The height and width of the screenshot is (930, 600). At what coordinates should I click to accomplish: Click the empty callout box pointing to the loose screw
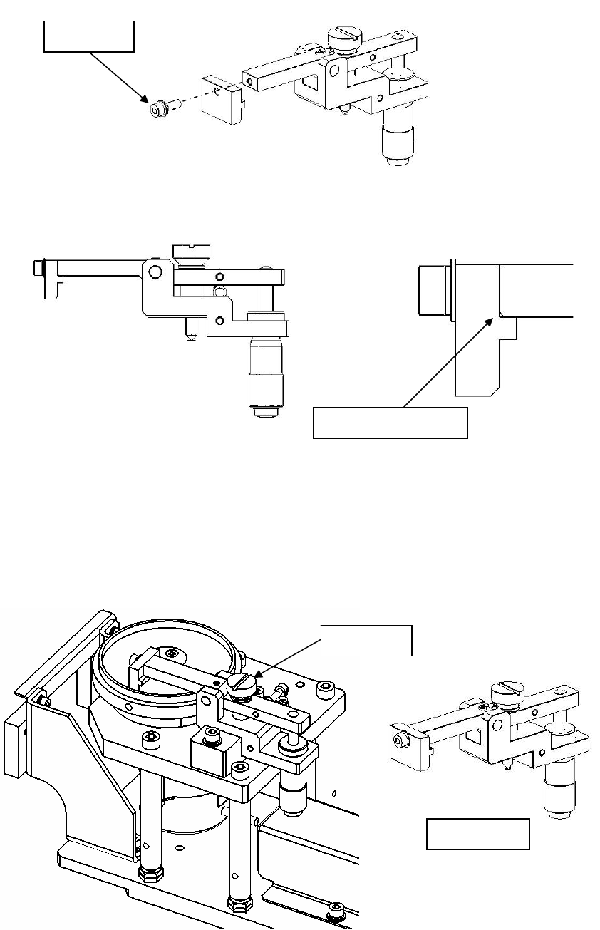tap(88, 36)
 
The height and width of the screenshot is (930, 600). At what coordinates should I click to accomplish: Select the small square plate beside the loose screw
tap(220, 99)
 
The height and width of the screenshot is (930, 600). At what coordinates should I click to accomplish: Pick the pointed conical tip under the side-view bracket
tap(190, 330)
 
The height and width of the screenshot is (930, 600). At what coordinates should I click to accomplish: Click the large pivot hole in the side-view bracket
tap(155, 272)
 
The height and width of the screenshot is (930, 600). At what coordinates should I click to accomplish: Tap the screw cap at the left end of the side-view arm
tap(38, 268)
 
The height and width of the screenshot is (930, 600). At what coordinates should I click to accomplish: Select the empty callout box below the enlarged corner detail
tap(390, 423)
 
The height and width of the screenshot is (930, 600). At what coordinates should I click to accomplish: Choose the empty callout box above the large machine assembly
tap(366, 640)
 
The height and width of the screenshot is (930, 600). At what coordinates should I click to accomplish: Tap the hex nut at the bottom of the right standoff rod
tap(237, 904)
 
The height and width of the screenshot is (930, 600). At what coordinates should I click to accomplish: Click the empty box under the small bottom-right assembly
tap(477, 834)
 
